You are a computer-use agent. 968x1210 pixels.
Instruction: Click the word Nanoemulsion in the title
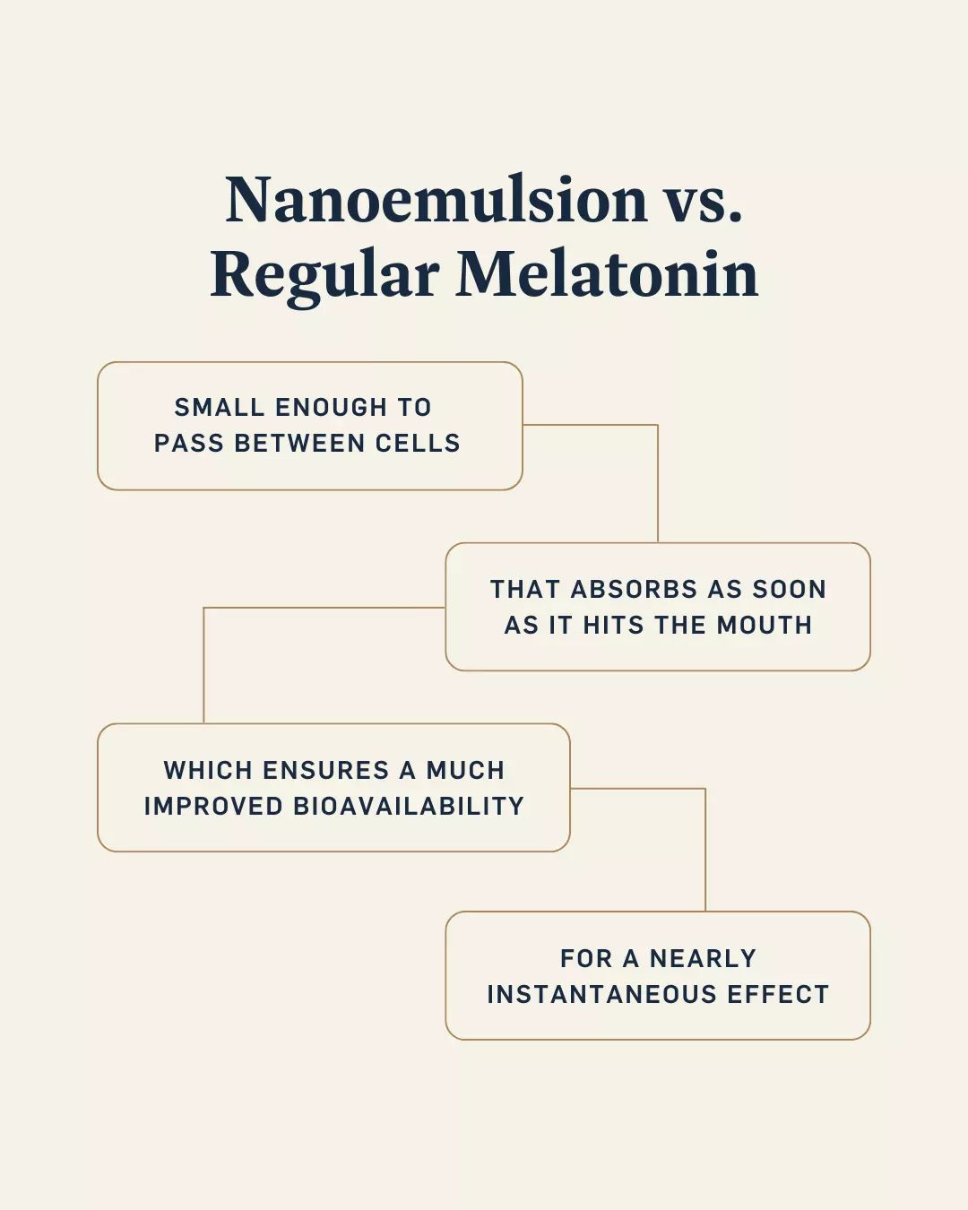pos(436,199)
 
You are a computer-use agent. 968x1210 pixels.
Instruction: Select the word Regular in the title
pos(324,275)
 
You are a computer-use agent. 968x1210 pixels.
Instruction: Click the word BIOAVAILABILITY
pos(409,807)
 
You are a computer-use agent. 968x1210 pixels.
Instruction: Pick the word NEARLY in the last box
pos(703,959)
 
